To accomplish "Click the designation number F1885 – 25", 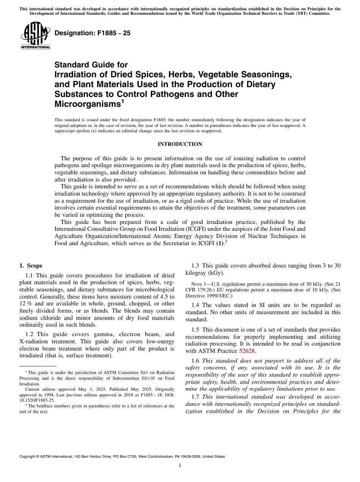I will (x=92, y=33).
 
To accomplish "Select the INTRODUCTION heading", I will (x=180, y=144).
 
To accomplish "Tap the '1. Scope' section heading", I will (x=31, y=266).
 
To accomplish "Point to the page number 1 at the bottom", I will (x=180, y=466).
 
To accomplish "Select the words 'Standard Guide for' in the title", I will (x=91, y=65).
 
